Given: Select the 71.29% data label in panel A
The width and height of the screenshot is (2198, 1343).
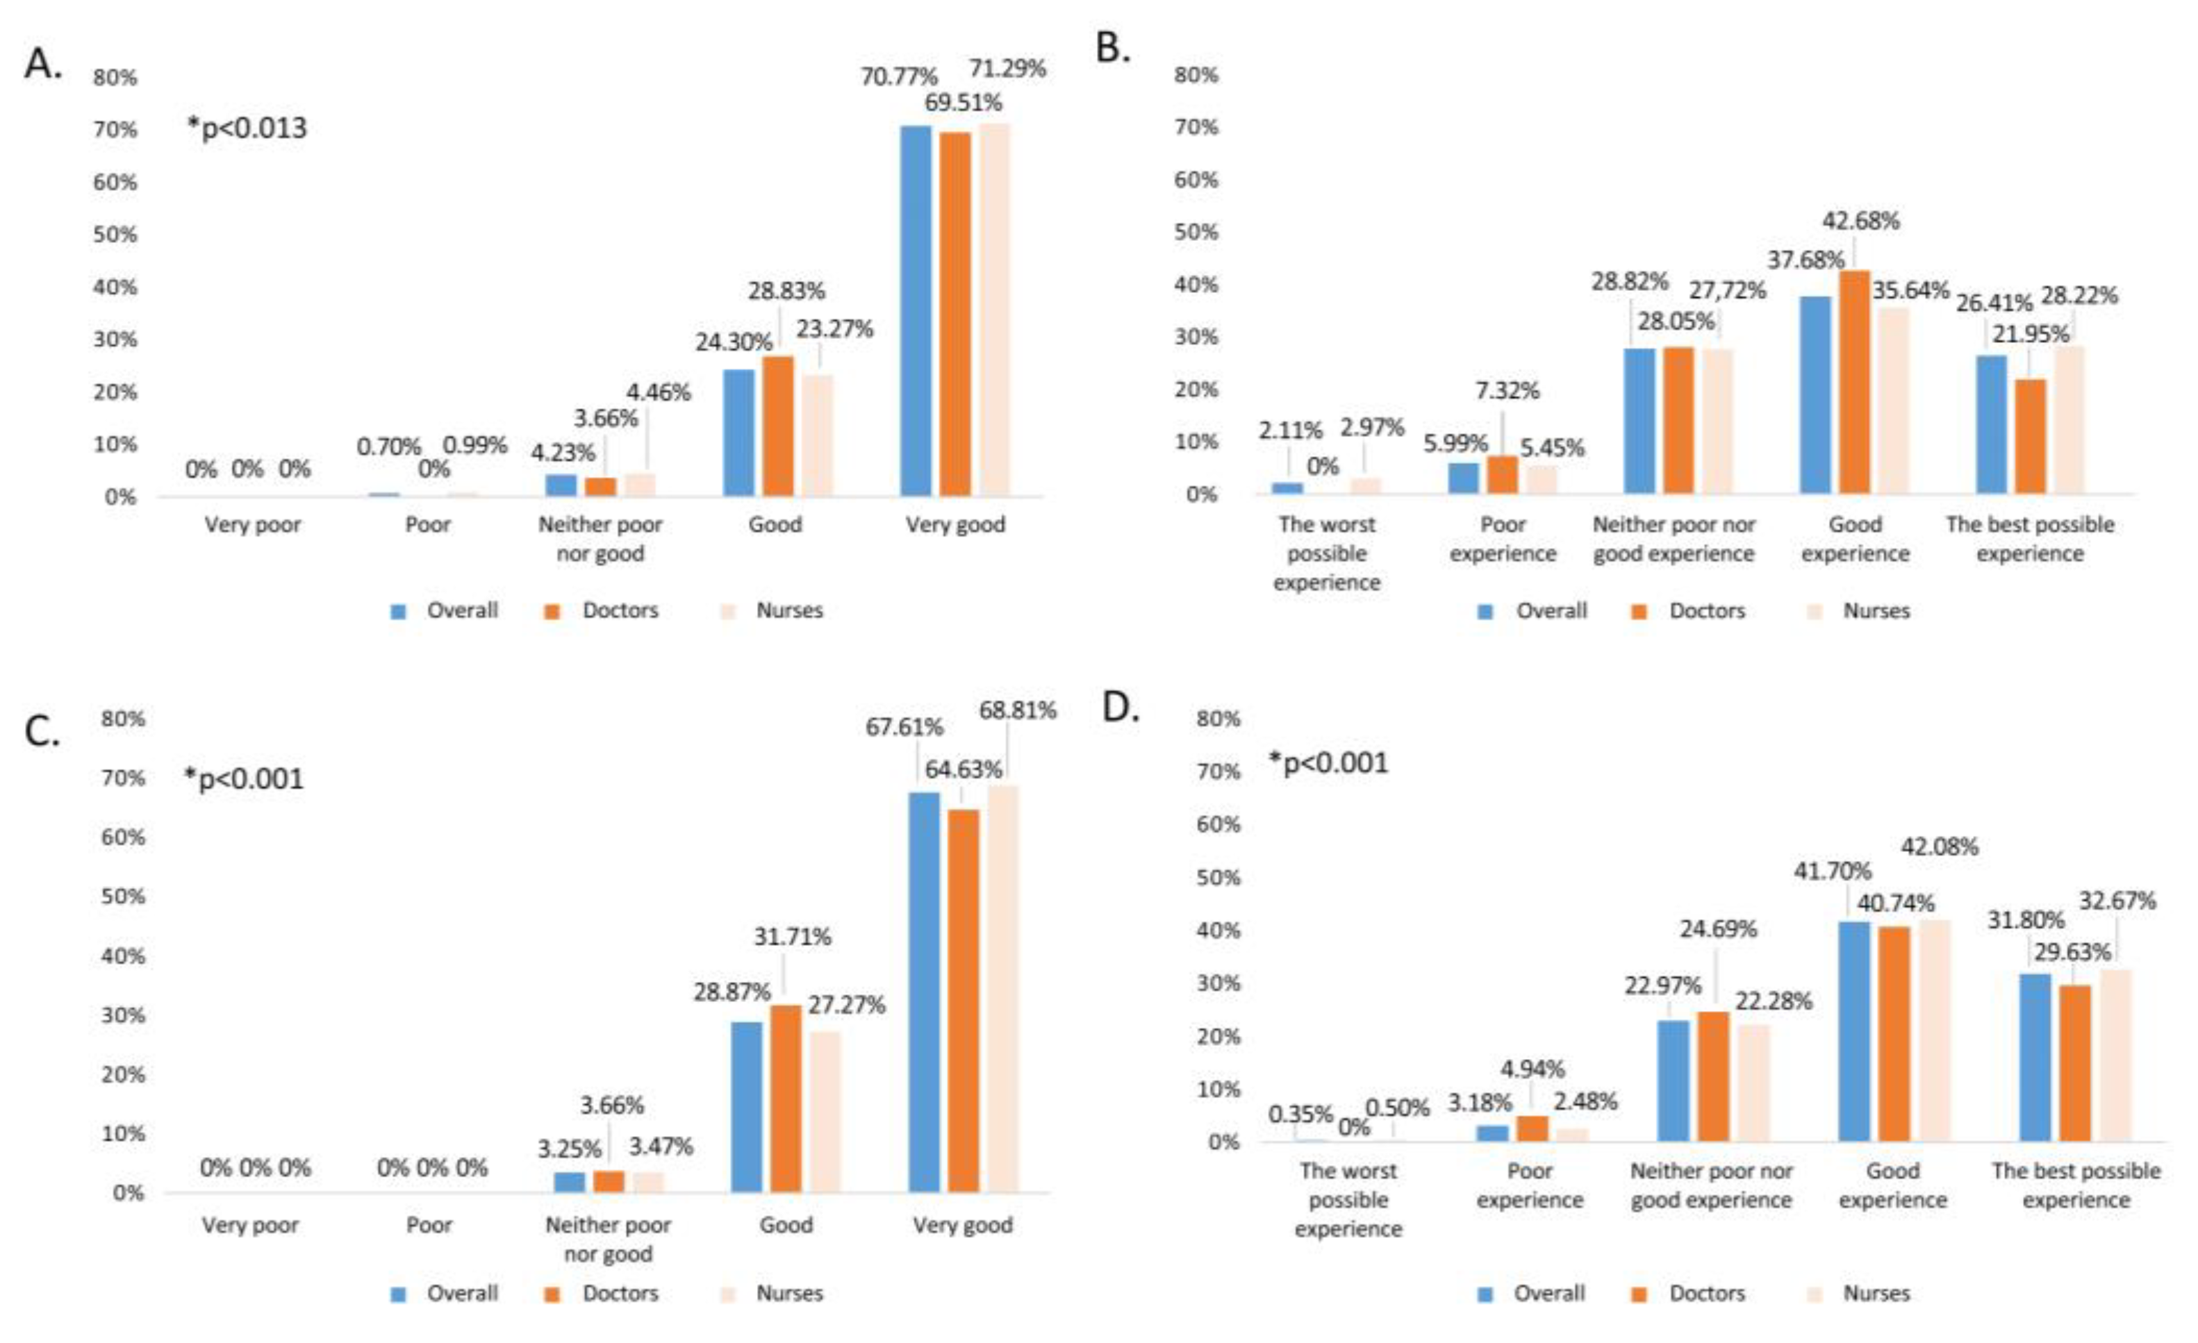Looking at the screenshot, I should [1007, 69].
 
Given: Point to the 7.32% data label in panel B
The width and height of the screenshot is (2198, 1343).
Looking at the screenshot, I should [1507, 390].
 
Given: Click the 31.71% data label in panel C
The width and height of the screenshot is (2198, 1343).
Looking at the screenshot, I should [792, 936].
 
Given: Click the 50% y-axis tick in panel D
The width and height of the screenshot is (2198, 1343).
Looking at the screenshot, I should [1218, 878].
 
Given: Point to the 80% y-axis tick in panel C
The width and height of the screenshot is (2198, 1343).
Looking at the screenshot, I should [122, 719].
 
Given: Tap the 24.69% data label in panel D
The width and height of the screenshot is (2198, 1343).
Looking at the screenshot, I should [1718, 929].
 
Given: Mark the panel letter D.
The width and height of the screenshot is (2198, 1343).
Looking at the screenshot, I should [1121, 707].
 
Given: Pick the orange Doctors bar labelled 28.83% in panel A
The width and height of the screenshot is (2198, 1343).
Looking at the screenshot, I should [779, 426].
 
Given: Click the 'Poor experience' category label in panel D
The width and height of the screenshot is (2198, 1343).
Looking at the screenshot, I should [1529, 1185].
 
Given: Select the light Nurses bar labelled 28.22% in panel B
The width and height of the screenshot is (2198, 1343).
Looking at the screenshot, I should [2069, 420].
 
